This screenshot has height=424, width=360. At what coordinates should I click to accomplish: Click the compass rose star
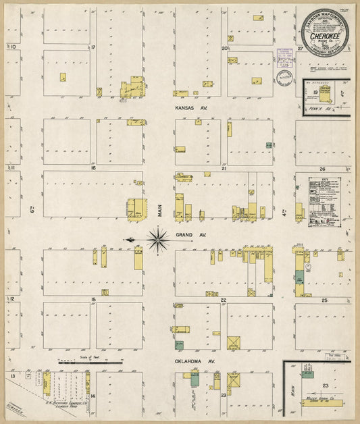[x=157, y=238]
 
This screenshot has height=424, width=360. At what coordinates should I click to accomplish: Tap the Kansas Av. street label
[x=188, y=107]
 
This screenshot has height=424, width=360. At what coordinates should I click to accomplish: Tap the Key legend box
[x=324, y=196]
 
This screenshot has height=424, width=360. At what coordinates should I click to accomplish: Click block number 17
[x=94, y=47]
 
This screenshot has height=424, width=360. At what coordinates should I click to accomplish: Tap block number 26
[x=323, y=169]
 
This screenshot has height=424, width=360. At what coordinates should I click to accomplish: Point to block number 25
[x=324, y=299]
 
